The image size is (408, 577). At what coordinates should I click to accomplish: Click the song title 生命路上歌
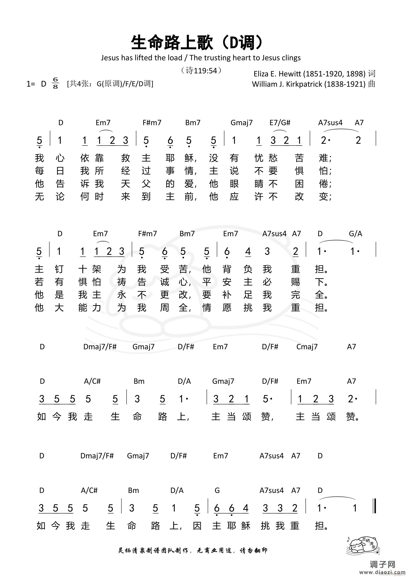[172, 42]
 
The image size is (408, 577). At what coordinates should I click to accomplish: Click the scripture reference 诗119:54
[201, 71]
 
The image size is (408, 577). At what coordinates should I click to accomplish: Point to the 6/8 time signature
[55, 83]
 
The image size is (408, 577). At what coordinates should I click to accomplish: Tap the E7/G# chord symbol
[280, 123]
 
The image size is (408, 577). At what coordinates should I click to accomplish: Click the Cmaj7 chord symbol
[307, 347]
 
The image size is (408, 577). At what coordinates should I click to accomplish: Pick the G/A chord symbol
[355, 234]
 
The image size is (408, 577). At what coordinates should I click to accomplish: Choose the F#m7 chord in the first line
[152, 123]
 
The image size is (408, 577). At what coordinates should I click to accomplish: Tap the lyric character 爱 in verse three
[189, 184]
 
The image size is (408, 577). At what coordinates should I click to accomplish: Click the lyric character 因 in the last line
[197, 526]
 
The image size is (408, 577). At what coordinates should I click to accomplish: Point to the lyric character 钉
[59, 269]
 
